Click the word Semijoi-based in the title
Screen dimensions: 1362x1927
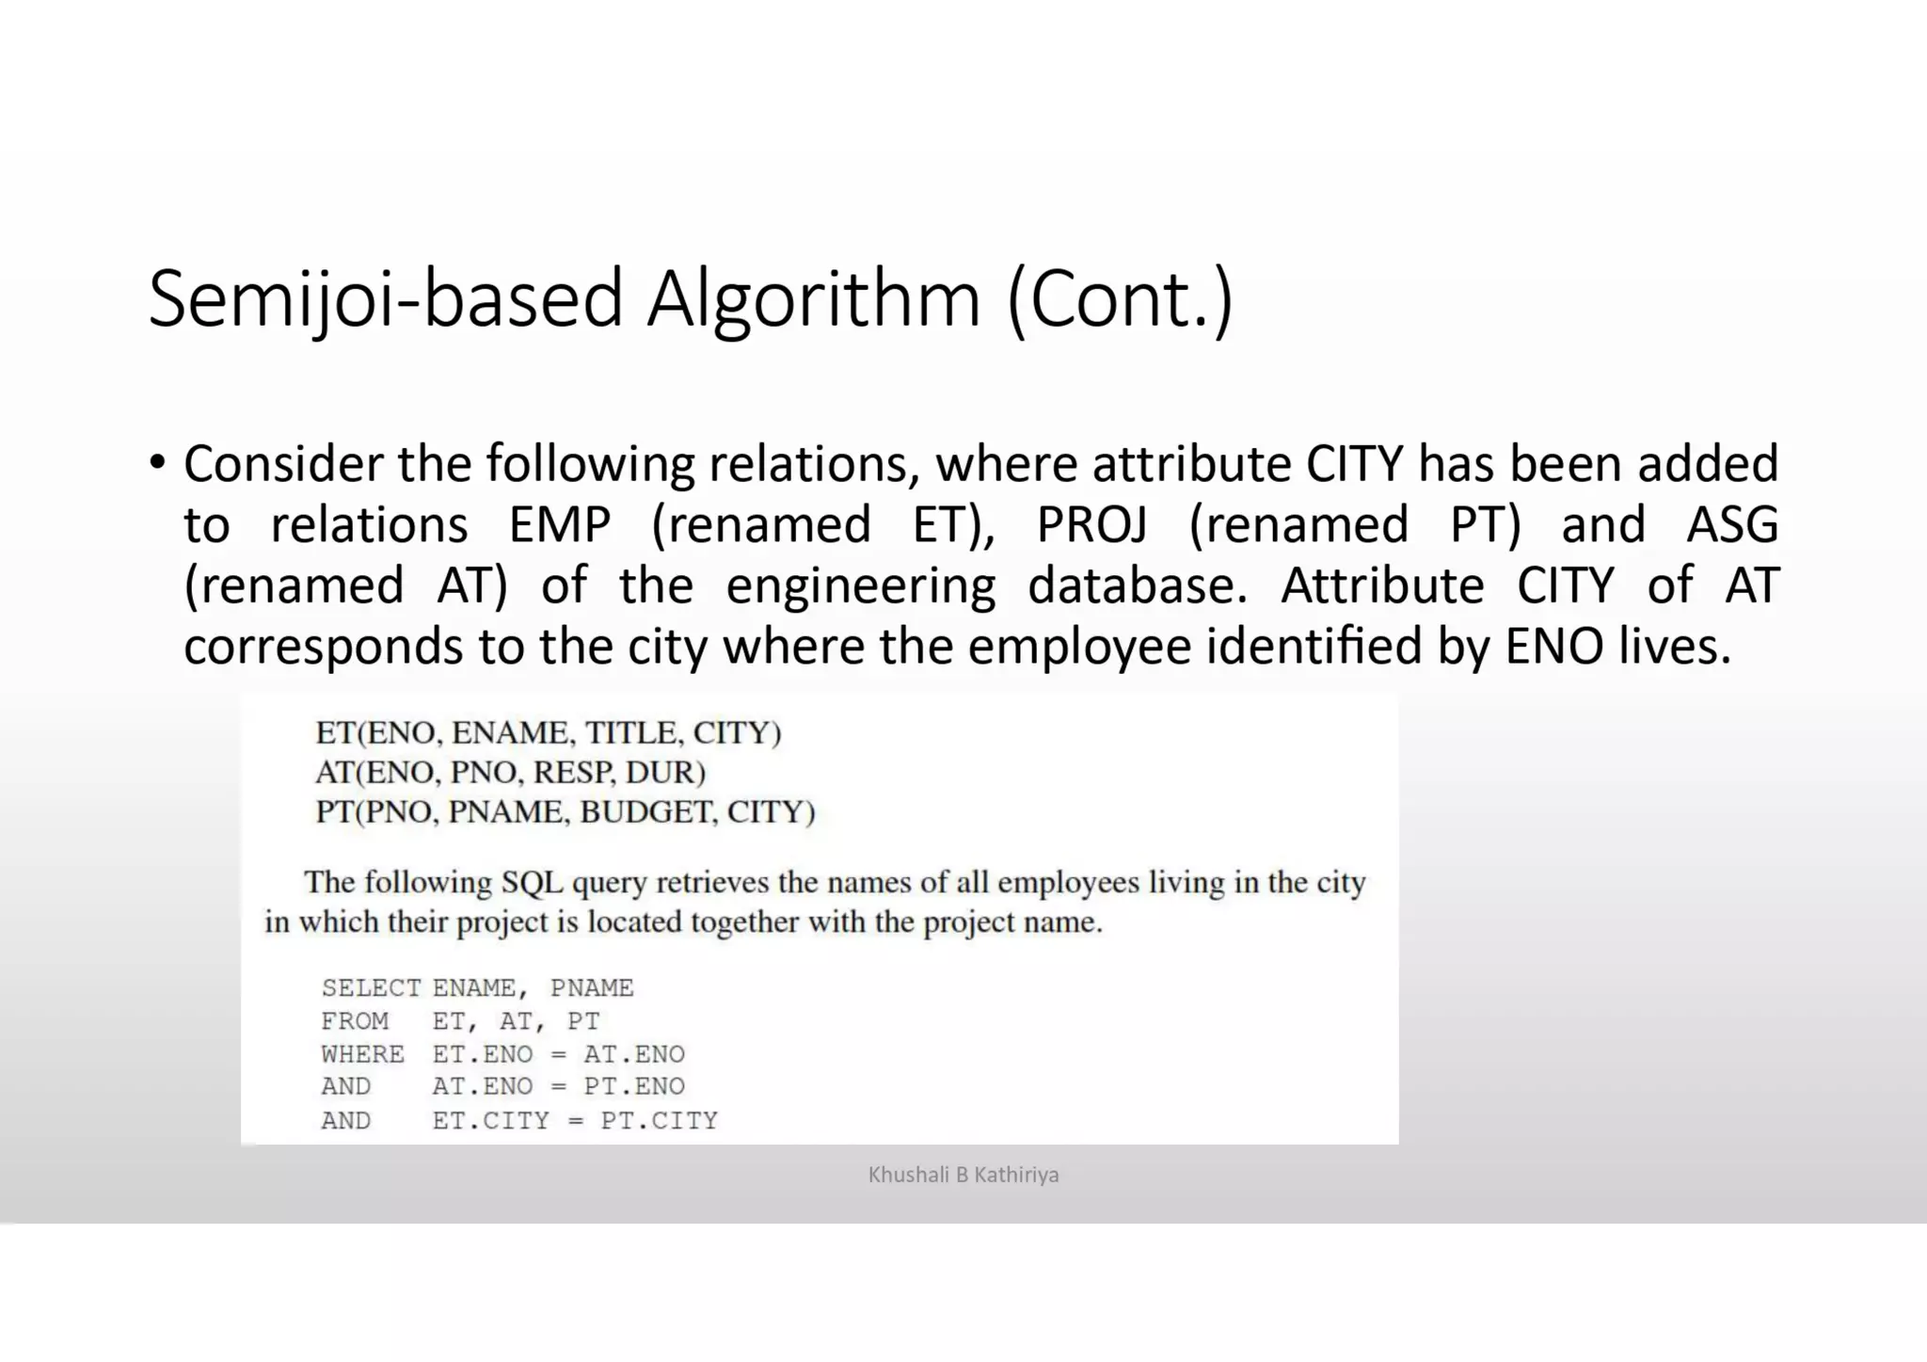pyautogui.click(x=384, y=299)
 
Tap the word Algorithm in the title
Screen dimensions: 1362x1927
pyautogui.click(x=813, y=299)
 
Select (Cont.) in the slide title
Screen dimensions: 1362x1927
pyautogui.click(x=1120, y=299)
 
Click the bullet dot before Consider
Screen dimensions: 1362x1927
pyautogui.click(x=158, y=463)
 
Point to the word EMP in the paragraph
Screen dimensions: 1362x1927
pyautogui.click(x=560, y=524)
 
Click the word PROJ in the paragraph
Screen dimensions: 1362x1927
pyautogui.click(x=1091, y=524)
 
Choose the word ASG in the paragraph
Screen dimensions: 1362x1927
pyautogui.click(x=1731, y=524)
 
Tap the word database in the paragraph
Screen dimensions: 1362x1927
pyautogui.click(x=1137, y=585)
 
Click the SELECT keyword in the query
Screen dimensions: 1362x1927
pyautogui.click(x=371, y=988)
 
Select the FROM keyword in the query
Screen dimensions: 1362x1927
pyautogui.click(x=355, y=1021)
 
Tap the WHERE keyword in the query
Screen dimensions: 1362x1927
pyautogui.click(x=362, y=1054)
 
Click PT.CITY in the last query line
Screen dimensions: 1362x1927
pyautogui.click(x=659, y=1121)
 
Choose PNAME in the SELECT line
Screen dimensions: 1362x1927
pyautogui.click(x=592, y=988)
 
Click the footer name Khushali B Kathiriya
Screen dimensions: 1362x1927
pyautogui.click(x=963, y=1175)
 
